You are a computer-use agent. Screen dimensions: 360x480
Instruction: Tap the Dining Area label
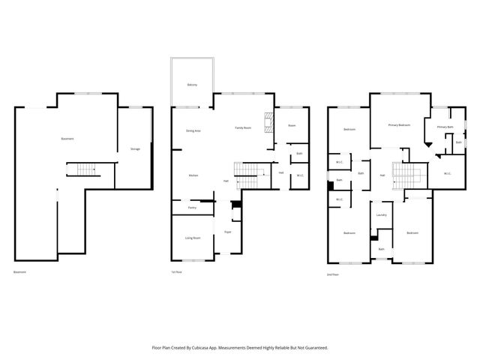(x=193, y=130)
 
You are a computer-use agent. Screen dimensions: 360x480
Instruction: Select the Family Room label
(x=242, y=128)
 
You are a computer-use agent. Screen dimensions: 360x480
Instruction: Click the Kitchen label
(x=193, y=175)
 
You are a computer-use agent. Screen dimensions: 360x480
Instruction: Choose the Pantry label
(x=193, y=207)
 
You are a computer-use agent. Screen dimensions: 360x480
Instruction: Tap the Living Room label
(x=193, y=238)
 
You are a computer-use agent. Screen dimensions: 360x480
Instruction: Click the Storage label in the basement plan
(x=135, y=149)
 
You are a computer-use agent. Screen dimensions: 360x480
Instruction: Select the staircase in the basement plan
(x=83, y=169)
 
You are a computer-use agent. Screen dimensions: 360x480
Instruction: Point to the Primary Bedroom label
(x=399, y=124)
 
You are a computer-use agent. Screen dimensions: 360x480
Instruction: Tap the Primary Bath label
(x=445, y=127)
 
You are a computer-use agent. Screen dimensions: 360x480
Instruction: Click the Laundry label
(x=381, y=215)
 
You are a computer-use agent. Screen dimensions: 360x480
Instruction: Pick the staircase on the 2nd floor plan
(x=405, y=178)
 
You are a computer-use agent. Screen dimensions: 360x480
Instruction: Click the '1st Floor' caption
(x=177, y=271)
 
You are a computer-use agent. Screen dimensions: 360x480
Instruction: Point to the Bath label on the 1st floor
(x=299, y=154)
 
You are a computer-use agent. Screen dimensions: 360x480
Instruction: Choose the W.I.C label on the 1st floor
(x=299, y=175)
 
